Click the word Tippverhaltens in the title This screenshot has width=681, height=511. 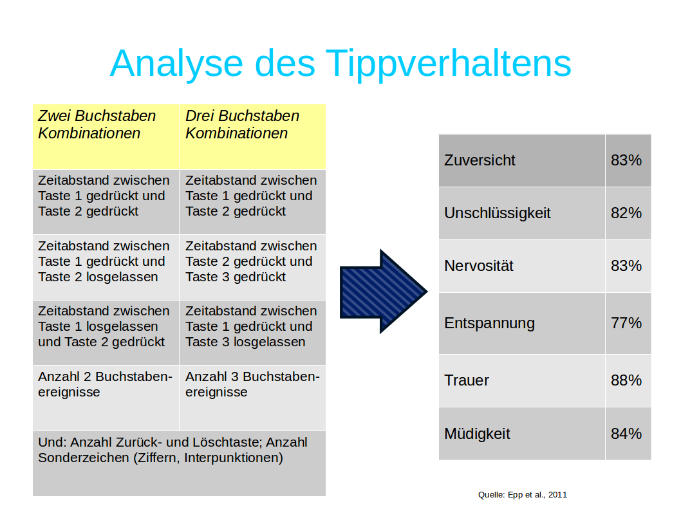448,63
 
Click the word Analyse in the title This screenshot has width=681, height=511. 176,63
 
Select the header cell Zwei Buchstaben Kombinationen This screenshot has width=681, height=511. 106,136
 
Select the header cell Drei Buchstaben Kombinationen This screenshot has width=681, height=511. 252,136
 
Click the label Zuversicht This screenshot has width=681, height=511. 480,160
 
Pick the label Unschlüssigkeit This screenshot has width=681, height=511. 498,213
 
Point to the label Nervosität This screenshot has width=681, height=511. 479,266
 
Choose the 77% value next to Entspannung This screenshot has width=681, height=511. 626,323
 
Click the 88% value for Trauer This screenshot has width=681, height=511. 626,380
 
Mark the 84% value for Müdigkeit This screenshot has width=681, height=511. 626,434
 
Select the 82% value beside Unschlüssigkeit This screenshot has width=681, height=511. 626,213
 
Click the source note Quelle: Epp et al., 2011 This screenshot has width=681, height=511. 523,494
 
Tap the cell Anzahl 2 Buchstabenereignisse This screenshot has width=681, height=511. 106,398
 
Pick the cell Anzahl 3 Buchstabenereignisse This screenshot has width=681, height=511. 252,398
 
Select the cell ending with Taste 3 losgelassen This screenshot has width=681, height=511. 252,332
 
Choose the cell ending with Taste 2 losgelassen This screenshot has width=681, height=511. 106,267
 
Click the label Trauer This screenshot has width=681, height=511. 467,380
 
